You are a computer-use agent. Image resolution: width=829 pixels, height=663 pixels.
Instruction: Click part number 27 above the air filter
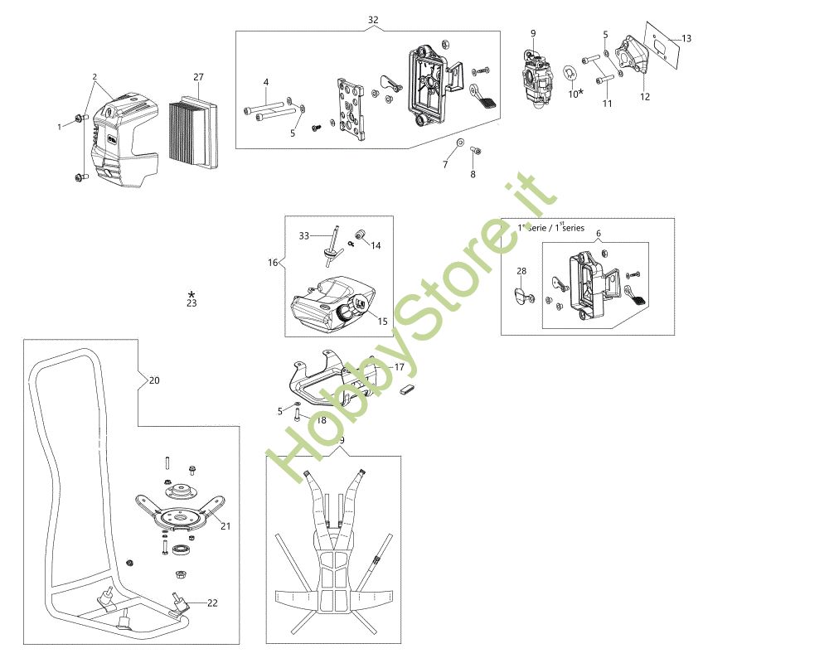(x=198, y=77)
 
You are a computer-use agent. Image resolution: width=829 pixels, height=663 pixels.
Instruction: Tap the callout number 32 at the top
(x=373, y=19)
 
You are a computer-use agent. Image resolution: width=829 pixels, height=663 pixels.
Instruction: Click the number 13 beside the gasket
(x=686, y=38)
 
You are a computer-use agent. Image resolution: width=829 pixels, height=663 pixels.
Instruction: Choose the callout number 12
(x=645, y=97)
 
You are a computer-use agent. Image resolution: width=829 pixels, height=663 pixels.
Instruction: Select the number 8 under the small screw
(x=473, y=175)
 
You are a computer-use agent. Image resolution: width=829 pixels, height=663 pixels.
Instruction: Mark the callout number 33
(x=304, y=235)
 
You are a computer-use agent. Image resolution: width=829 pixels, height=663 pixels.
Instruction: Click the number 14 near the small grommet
(x=376, y=245)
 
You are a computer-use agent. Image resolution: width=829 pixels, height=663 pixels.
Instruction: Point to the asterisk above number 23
(x=191, y=294)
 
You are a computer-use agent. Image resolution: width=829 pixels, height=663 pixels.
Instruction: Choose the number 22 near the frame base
(x=212, y=603)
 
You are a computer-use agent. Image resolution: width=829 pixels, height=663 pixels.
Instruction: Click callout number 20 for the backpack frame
(x=154, y=380)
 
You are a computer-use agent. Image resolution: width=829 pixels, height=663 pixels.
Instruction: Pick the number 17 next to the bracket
(x=399, y=366)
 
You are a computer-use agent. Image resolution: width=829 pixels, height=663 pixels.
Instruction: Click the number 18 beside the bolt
(x=321, y=420)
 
